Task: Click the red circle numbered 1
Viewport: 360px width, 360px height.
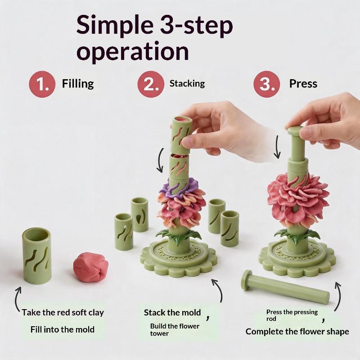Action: pyautogui.click(x=42, y=84)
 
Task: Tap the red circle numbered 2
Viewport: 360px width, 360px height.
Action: pyautogui.click(x=151, y=84)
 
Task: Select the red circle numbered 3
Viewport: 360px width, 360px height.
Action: pyautogui.click(x=266, y=84)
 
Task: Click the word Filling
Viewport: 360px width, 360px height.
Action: pyautogui.click(x=78, y=84)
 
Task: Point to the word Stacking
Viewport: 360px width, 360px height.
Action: pyautogui.click(x=187, y=83)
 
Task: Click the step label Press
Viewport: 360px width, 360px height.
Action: pyautogui.click(x=303, y=84)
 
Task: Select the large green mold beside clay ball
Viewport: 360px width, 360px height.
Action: pyautogui.click(x=37, y=256)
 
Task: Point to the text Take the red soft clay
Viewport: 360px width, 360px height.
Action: pyautogui.click(x=63, y=312)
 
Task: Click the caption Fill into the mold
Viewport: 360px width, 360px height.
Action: pyautogui.click(x=63, y=329)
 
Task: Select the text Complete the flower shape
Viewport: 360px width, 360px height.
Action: pyautogui.click(x=297, y=332)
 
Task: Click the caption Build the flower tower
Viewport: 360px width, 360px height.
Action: pyautogui.click(x=175, y=329)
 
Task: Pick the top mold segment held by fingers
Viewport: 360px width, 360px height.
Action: pyautogui.click(x=181, y=135)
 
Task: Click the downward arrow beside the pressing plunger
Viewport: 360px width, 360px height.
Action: pyautogui.click(x=277, y=147)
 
